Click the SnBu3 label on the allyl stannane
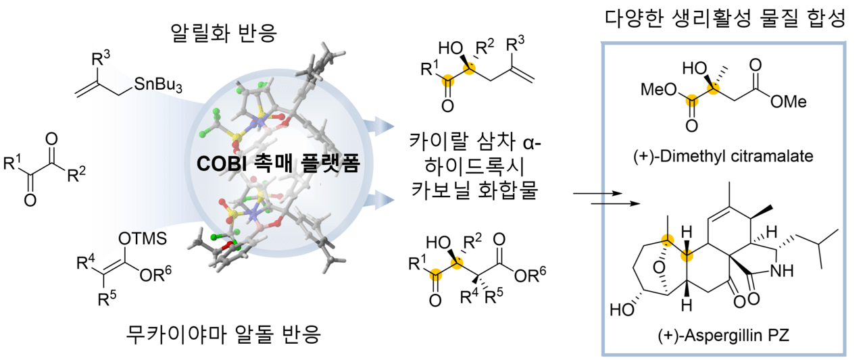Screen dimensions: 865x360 point(158,85)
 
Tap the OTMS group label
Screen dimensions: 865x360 point(143,239)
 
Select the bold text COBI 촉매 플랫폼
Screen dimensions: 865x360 point(278,163)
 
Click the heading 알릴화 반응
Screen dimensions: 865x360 point(224,33)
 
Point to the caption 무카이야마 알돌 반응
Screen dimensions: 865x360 point(224,334)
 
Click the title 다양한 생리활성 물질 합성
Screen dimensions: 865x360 point(726,18)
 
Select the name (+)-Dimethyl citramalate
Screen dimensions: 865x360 point(723,156)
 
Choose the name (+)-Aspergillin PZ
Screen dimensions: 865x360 point(724,335)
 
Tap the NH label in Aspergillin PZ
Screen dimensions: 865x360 point(782,272)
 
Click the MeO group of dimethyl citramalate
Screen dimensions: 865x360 point(659,90)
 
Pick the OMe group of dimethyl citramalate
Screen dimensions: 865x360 point(789,102)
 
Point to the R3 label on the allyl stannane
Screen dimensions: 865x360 point(101,58)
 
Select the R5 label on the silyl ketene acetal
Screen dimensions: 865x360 point(107,297)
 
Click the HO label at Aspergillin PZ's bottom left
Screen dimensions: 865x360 point(622,309)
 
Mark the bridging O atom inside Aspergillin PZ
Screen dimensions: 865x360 point(659,267)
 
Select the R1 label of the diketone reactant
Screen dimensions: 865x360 point(13,162)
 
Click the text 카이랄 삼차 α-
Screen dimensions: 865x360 point(475,142)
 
